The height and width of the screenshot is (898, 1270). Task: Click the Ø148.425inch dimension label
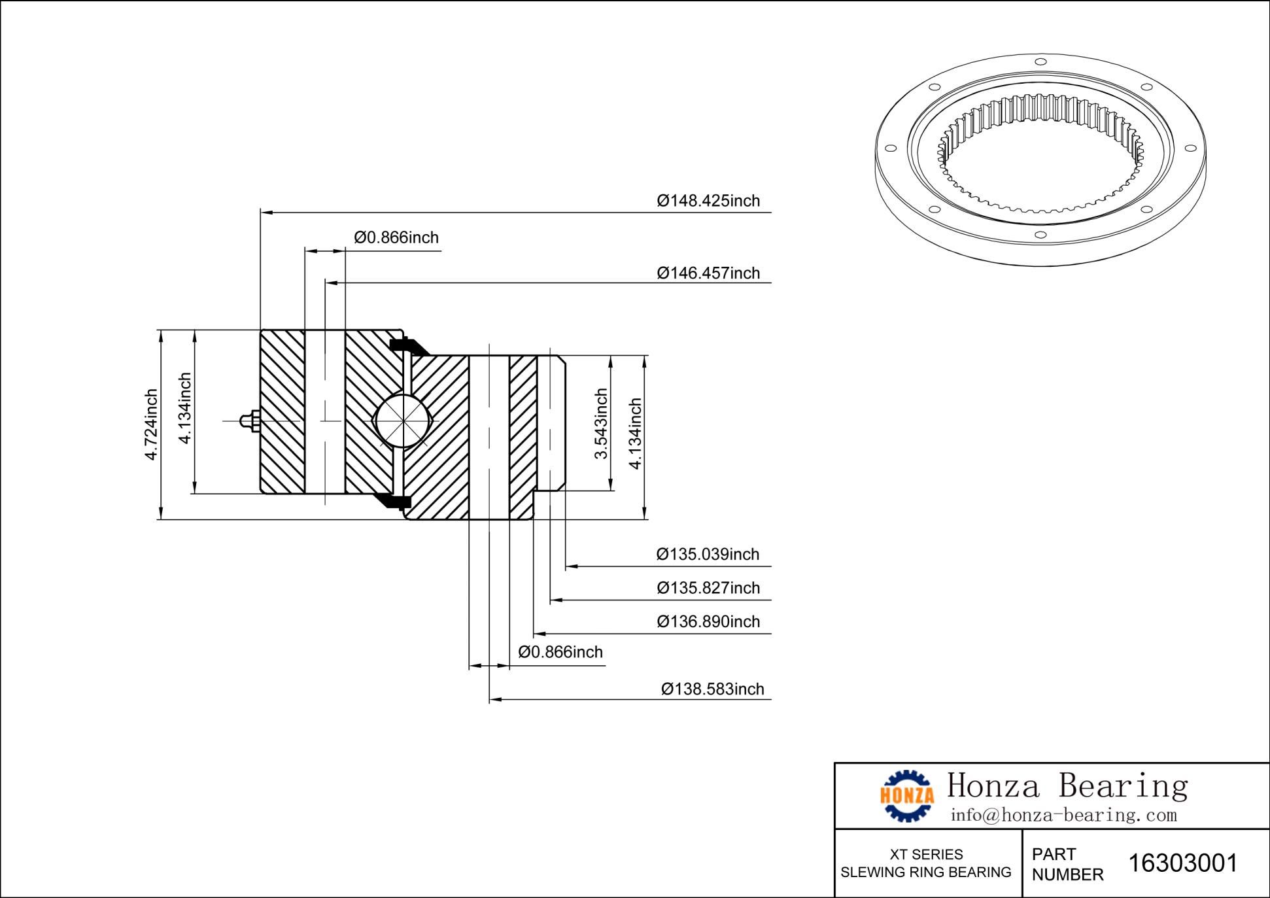pyautogui.click(x=708, y=201)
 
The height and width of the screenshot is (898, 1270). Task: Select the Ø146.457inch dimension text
pyautogui.click(x=708, y=273)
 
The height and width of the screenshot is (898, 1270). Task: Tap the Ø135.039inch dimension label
pyautogui.click(x=708, y=555)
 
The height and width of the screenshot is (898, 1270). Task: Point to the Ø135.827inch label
pyautogui.click(x=708, y=588)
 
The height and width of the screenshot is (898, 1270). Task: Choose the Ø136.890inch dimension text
pyautogui.click(x=708, y=621)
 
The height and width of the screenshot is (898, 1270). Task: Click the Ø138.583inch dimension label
pyautogui.click(x=712, y=689)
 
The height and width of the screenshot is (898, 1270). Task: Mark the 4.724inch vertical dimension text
pyautogui.click(x=151, y=424)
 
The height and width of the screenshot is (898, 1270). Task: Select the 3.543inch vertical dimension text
pyautogui.click(x=601, y=424)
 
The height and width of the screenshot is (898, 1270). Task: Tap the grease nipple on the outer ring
pyautogui.click(x=249, y=421)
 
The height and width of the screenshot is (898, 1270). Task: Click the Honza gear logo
pyautogui.click(x=907, y=795)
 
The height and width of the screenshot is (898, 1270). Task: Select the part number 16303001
pyautogui.click(x=1183, y=863)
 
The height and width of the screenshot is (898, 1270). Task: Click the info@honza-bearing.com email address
pyautogui.click(x=1063, y=816)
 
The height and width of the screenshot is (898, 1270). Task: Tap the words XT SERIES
pyautogui.click(x=926, y=854)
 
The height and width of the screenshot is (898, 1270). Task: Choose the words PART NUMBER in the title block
pyautogui.click(x=1067, y=864)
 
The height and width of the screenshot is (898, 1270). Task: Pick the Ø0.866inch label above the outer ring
pyautogui.click(x=396, y=237)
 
